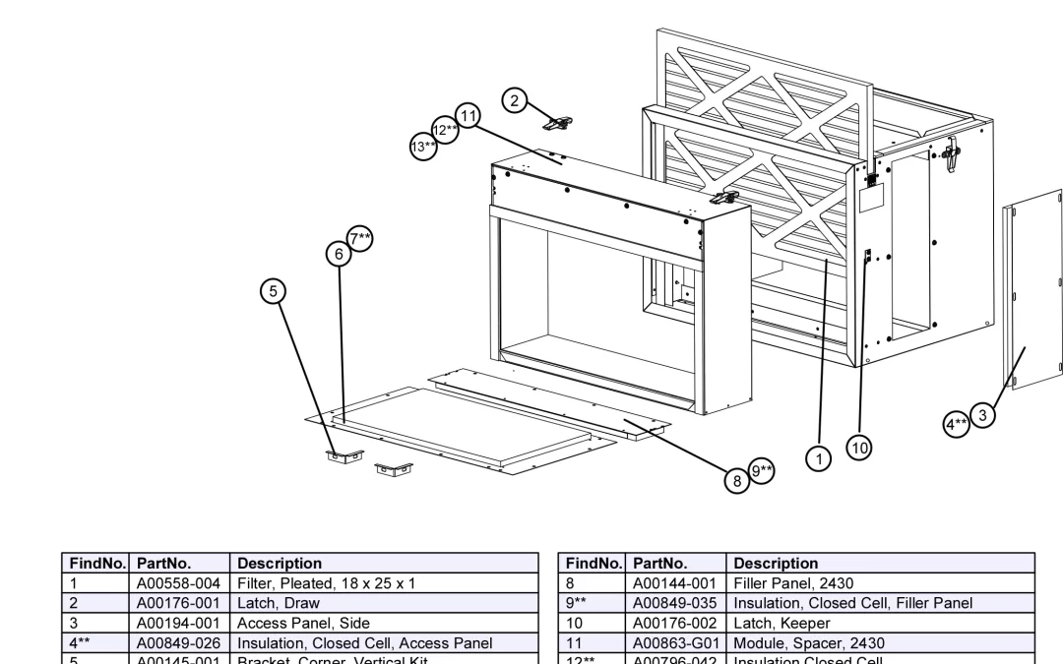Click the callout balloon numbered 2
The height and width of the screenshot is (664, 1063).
pyautogui.click(x=513, y=99)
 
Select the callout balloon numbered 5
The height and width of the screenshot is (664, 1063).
pyautogui.click(x=274, y=290)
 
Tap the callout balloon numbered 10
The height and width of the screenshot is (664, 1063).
pyautogui.click(x=859, y=449)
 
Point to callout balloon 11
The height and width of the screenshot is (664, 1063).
pyautogui.click(x=467, y=116)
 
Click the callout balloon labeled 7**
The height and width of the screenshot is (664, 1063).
pyautogui.click(x=361, y=238)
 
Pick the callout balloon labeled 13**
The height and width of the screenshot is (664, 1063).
pyautogui.click(x=423, y=148)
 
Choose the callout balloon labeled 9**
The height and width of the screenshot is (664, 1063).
pyautogui.click(x=762, y=471)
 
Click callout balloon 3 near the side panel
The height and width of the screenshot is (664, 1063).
pyautogui.click(x=981, y=415)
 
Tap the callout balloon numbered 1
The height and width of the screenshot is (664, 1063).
pyautogui.click(x=816, y=456)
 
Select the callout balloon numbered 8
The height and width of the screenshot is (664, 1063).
pyautogui.click(x=736, y=481)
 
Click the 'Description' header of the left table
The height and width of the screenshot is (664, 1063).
pyautogui.click(x=280, y=564)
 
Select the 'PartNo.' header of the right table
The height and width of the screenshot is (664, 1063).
pyautogui.click(x=658, y=564)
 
